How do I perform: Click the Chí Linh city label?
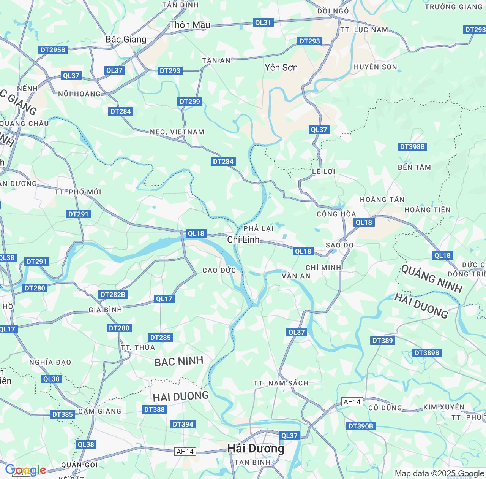[x=243, y=239]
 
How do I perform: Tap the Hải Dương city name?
[x=256, y=449]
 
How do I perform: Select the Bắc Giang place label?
[x=126, y=40]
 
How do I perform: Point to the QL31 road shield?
[x=263, y=22]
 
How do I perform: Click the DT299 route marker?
[x=189, y=102]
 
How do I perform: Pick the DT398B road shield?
[x=412, y=147]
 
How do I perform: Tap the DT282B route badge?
[x=113, y=295]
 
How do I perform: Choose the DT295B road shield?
[x=53, y=50]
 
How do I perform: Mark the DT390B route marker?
[x=361, y=426]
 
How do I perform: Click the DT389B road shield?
[x=427, y=353]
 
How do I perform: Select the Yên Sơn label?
[x=281, y=68]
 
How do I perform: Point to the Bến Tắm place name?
[x=414, y=167]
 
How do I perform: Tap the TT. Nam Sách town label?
[x=281, y=383]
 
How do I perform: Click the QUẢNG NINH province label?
[x=432, y=279]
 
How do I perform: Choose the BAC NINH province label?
[x=179, y=362]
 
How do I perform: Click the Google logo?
[x=25, y=470]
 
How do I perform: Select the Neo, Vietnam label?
[x=177, y=132]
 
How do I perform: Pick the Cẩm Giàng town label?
[x=99, y=411]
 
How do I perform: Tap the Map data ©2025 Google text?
[x=439, y=474]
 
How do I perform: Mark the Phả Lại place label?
[x=258, y=228]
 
